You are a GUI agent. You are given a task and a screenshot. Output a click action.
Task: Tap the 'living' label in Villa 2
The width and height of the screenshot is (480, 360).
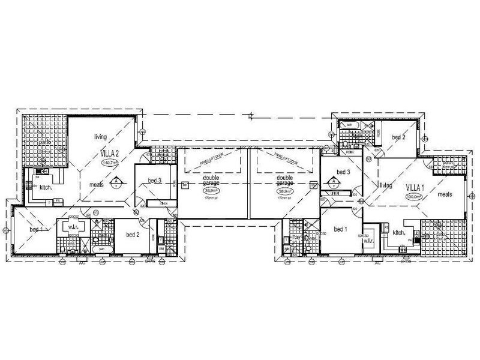(x=100, y=137)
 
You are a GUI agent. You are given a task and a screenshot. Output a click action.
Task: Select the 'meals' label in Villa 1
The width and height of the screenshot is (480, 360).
(x=445, y=194)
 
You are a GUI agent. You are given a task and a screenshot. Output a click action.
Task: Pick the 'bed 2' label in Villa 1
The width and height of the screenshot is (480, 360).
(x=398, y=137)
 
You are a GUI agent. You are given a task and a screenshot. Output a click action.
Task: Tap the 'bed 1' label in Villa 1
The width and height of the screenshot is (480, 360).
(x=341, y=230)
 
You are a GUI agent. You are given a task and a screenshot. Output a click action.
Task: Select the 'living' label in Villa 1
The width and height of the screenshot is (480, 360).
(x=385, y=187)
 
